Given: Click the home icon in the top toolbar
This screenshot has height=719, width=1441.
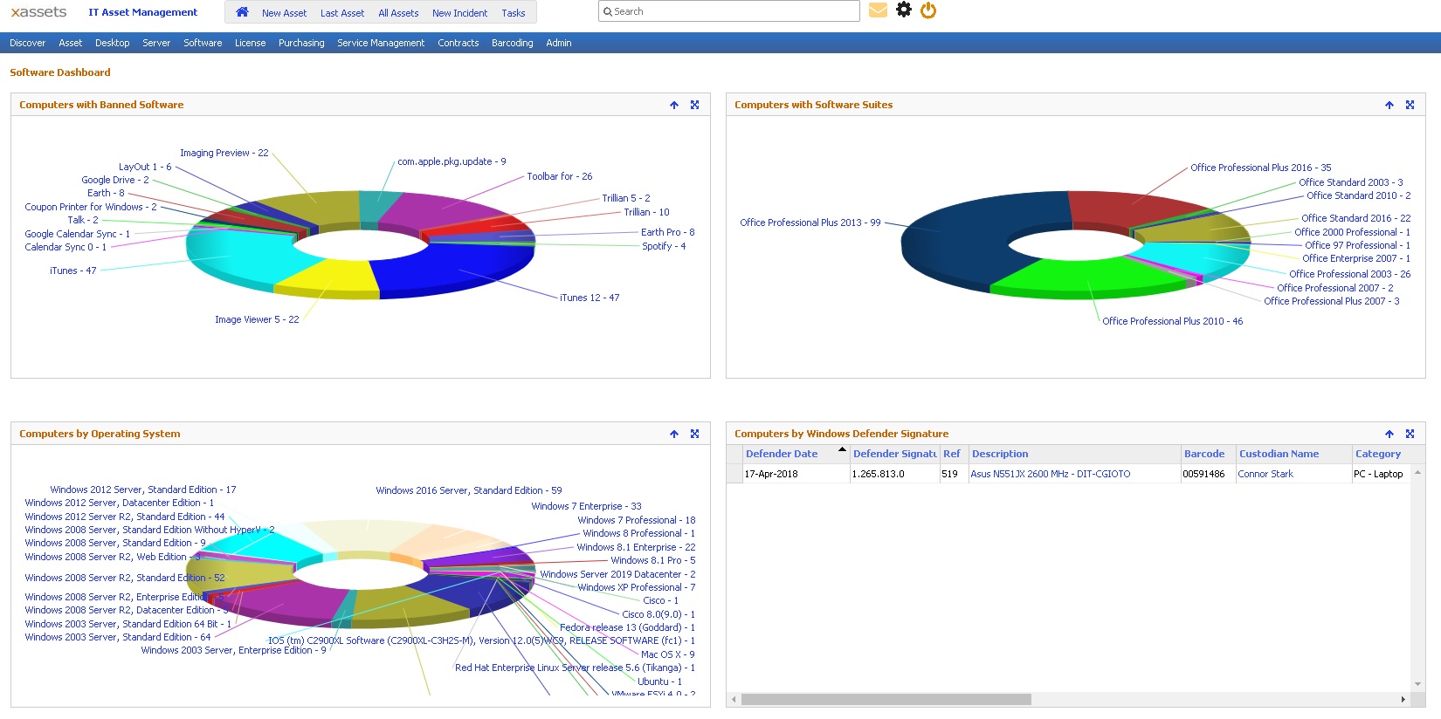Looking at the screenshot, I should [x=242, y=12].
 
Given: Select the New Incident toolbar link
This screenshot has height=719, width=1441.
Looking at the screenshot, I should [x=459, y=13].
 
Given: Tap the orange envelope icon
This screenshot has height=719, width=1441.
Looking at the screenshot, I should [x=878, y=10].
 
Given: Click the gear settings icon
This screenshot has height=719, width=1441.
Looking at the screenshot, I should [x=904, y=10].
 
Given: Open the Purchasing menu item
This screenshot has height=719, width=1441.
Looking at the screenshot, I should [x=301, y=43].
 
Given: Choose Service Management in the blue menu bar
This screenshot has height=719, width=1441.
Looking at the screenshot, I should [x=381, y=43].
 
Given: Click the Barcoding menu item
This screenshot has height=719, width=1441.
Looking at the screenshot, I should [x=512, y=43].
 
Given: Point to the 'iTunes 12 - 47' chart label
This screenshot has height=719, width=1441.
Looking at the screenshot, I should [x=589, y=298].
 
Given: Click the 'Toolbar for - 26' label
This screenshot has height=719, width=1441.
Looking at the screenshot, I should [x=559, y=176].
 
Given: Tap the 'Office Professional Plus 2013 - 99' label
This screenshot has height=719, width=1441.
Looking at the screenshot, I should [x=810, y=223].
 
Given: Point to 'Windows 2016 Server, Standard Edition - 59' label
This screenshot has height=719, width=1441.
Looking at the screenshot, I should [x=468, y=490].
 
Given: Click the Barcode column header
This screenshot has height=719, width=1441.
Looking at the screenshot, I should [x=1203, y=454].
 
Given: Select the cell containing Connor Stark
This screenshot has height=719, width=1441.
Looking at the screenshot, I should [x=1265, y=474].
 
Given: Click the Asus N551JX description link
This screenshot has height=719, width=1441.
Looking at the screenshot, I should [x=1050, y=474].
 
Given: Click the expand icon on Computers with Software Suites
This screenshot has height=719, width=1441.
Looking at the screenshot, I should [x=1410, y=105].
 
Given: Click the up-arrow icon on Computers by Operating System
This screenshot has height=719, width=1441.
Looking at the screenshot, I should [x=674, y=434].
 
